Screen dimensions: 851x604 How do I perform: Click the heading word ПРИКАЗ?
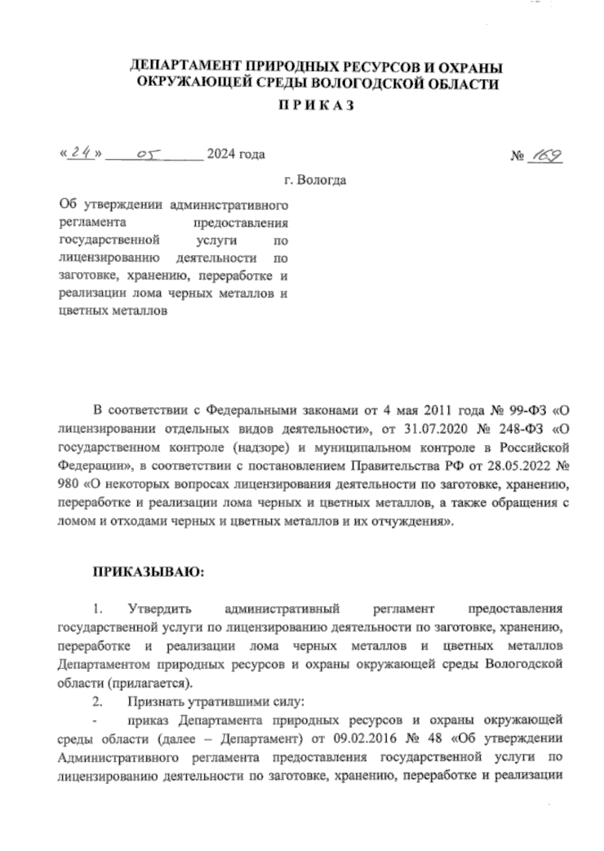pyautogui.click(x=317, y=105)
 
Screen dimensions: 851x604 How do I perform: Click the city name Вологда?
pyautogui.click(x=321, y=180)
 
